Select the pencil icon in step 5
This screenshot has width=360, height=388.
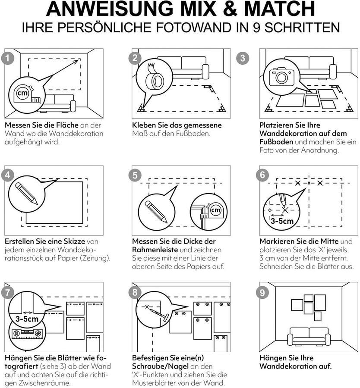(x=156, y=211)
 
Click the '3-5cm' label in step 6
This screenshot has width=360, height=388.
(x=282, y=222)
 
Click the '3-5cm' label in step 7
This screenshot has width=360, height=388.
(x=27, y=319)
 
